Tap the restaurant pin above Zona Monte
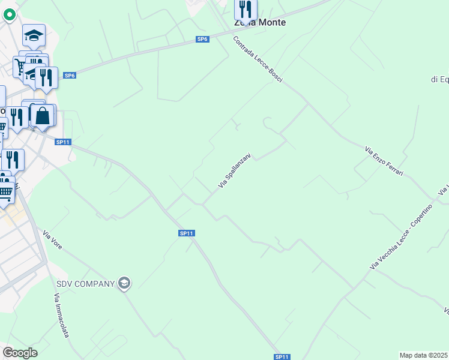coord(246,9)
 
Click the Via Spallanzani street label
coord(234,170)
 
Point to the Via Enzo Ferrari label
coord(384,161)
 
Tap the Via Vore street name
coord(52,239)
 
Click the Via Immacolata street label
coord(61,315)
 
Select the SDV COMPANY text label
coord(85,284)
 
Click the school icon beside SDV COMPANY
coord(124,283)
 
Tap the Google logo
coord(20,353)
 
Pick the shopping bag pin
coord(43,115)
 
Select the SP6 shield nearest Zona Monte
coord(202,39)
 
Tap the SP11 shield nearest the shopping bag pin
coord(63,142)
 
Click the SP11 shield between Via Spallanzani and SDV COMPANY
coord(187,233)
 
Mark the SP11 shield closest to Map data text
coord(282,357)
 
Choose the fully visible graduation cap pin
coord(34,36)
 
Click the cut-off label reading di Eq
coord(440,79)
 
